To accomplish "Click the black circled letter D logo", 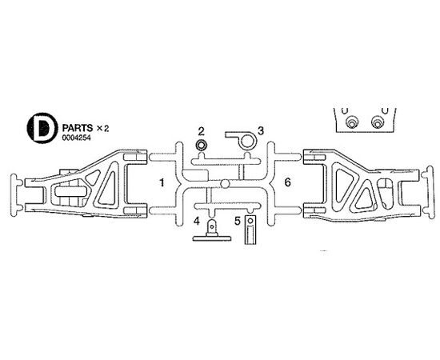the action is [42, 128].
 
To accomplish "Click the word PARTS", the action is [78, 128].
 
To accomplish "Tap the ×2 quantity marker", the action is [102, 129].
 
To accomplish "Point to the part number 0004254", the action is [77, 138].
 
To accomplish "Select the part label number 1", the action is [162, 183].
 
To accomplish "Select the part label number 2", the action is [201, 131].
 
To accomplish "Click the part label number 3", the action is [261, 130].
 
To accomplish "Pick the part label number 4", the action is [197, 221].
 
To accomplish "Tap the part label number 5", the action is [238, 221].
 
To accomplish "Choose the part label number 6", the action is [287, 182].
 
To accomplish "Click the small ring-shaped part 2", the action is [201, 146].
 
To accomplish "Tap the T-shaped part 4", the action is [212, 230].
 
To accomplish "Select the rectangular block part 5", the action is [250, 230].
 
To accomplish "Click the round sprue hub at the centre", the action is [225, 184].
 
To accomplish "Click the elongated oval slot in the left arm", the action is [70, 191].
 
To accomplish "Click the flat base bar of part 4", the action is [212, 238].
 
